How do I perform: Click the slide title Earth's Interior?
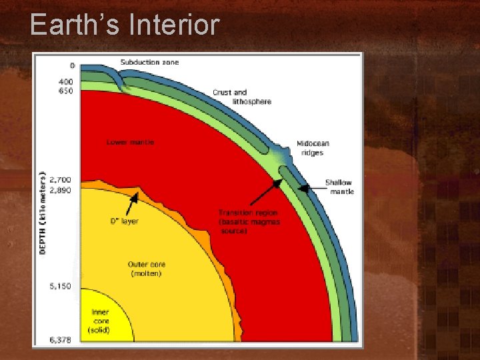(125, 25)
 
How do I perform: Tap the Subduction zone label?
(149, 63)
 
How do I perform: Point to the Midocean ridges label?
(312, 148)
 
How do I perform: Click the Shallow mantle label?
(339, 187)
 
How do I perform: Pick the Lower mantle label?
(131, 142)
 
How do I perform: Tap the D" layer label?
(124, 221)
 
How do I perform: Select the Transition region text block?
(249, 221)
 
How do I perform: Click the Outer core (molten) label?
(146, 269)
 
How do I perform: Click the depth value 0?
(72, 66)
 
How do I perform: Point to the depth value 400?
(66, 82)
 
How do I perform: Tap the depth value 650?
(66, 91)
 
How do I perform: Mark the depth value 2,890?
(61, 190)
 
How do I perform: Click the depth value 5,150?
(61, 287)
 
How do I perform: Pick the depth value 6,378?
(61, 341)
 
